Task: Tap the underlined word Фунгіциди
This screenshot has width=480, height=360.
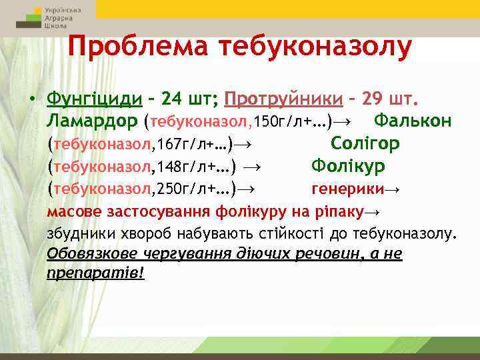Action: (94, 99)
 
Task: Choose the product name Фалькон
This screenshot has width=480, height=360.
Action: (413, 121)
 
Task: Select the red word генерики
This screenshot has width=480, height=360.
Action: (349, 189)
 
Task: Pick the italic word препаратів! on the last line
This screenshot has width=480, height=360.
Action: (96, 273)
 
